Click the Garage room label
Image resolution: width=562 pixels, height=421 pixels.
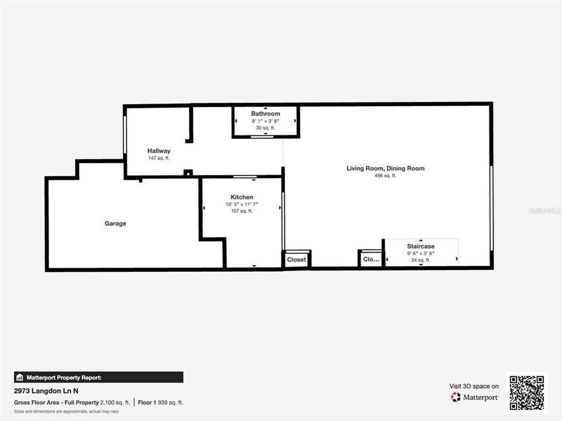pos(115,223)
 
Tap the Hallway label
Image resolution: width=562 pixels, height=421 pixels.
pos(159,151)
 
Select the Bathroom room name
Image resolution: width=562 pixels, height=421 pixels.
pos(266,113)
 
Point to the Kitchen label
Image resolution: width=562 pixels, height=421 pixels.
pos(242,197)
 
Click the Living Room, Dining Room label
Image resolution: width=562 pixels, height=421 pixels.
pos(385,168)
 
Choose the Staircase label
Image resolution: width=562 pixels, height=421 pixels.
pos(421,246)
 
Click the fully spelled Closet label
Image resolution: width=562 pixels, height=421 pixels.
pos(297,259)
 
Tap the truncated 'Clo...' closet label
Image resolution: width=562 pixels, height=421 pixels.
pos(371,259)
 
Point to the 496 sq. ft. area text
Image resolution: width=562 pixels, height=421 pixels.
pos(385,175)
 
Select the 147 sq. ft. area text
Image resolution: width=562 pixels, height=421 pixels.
pos(159,158)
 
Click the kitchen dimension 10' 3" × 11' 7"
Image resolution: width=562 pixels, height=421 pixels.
pos(242,204)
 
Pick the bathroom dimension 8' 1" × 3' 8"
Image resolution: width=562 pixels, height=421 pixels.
pos(266,120)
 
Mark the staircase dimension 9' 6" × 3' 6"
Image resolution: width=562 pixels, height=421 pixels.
pos(421,253)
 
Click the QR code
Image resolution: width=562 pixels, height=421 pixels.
pos(526,393)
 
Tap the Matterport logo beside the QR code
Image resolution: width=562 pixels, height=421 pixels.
pos(474,397)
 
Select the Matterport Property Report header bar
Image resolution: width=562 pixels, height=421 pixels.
pos(98,377)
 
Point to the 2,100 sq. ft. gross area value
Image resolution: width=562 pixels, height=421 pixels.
pos(114,402)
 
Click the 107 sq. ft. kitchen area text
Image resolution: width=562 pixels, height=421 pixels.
pos(242,211)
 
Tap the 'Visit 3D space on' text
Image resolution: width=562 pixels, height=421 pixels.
pos(474,386)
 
